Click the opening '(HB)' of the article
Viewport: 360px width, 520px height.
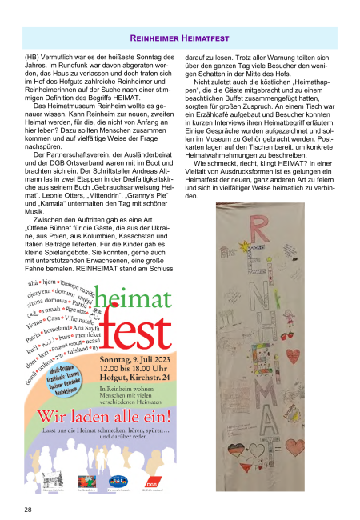coord(34,58)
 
